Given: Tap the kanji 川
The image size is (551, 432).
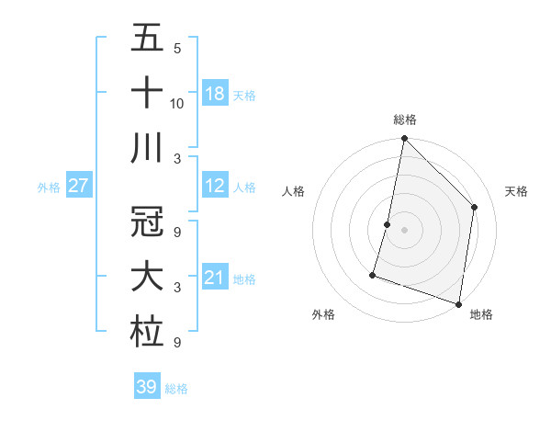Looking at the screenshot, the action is pyautogui.click(x=147, y=149).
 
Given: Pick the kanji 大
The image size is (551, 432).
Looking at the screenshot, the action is pyautogui.click(x=147, y=277).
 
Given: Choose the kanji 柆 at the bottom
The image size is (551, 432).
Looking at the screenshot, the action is pyautogui.click(x=147, y=332).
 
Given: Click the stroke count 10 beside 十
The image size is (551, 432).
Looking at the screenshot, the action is pyautogui.click(x=177, y=103).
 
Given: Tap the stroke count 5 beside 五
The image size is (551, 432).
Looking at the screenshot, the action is pyautogui.click(x=176, y=48).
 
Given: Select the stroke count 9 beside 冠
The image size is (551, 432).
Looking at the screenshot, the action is pyautogui.click(x=176, y=231).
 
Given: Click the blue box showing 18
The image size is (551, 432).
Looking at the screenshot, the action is pyautogui.click(x=215, y=94).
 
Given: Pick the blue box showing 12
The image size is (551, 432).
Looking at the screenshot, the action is pyautogui.click(x=215, y=186).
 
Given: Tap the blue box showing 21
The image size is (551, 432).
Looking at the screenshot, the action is pyautogui.click(x=215, y=278).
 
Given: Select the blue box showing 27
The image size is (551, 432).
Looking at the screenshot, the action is pyautogui.click(x=79, y=186).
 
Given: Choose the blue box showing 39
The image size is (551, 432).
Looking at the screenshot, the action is pyautogui.click(x=146, y=387).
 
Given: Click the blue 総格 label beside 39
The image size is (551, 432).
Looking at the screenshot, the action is pyautogui.click(x=176, y=389).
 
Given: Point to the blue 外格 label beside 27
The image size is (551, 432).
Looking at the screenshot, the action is pyautogui.click(x=49, y=188).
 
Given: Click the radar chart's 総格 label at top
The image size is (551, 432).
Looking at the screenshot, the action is pyautogui.click(x=404, y=120).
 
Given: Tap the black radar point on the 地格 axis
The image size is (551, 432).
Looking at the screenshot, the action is pyautogui.click(x=458, y=303).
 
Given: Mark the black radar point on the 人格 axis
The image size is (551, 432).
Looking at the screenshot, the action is pyautogui.click(x=388, y=224).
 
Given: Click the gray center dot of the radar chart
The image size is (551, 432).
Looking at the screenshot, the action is pyautogui.click(x=404, y=230).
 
